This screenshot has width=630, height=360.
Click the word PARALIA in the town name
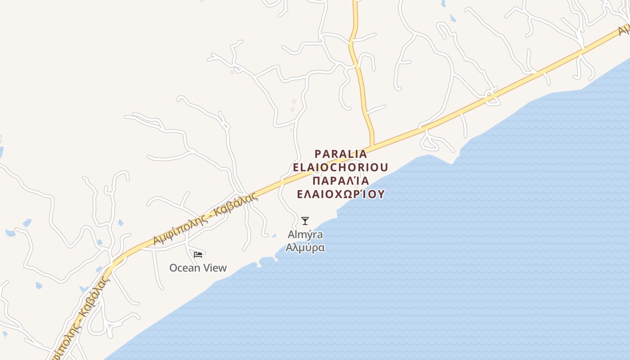pyautogui.click(x=341, y=154)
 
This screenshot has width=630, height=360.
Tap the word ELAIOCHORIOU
pyautogui.click(x=341, y=167)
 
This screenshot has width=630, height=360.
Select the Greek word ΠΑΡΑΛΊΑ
pyautogui.click(x=341, y=181)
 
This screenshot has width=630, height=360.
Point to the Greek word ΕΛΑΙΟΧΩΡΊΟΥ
pyautogui.click(x=341, y=194)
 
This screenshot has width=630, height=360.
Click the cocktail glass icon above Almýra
pyautogui.click(x=305, y=221)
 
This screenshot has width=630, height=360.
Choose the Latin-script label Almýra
pyautogui.click(x=305, y=234)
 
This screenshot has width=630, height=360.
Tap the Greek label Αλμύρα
pyautogui.click(x=305, y=247)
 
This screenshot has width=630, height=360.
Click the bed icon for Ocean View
pyautogui.click(x=198, y=255)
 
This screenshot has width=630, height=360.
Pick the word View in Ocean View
pyautogui.click(x=216, y=268)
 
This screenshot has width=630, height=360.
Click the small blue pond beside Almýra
pyautogui.click(x=274, y=235)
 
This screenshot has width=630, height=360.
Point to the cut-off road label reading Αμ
pyautogui.click(x=624, y=30)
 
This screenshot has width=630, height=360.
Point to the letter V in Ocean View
pyautogui.click(x=208, y=268)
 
